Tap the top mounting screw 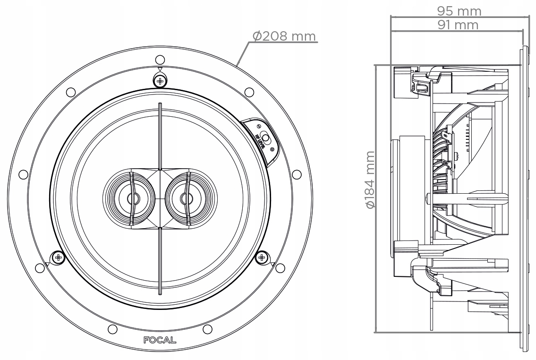(x=160, y=81)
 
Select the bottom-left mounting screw (x=58, y=257)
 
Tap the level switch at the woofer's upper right (x=265, y=139)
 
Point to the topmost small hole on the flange (x=160, y=60)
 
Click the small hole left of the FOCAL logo (x=112, y=329)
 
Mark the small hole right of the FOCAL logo (x=207, y=329)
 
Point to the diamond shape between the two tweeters (x=160, y=197)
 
